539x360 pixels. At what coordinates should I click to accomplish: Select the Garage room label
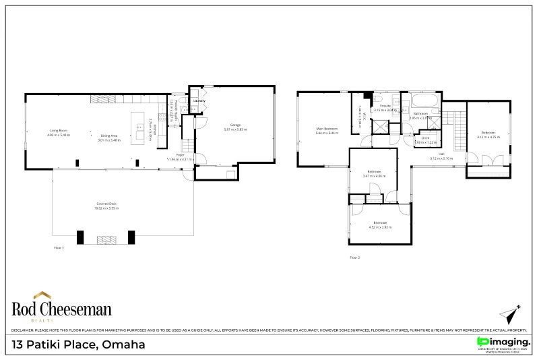click(x=236, y=126)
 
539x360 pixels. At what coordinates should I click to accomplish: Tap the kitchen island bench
click(x=140, y=126)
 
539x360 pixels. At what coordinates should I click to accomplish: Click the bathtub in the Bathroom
click(x=425, y=103)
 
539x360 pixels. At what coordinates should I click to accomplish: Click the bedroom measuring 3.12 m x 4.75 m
click(x=487, y=134)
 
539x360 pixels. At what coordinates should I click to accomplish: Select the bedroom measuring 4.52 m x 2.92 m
click(x=380, y=224)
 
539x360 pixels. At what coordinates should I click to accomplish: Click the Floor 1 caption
click(x=59, y=248)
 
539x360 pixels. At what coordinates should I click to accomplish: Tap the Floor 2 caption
click(x=355, y=258)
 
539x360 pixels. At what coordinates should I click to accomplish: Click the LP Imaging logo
click(x=503, y=343)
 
